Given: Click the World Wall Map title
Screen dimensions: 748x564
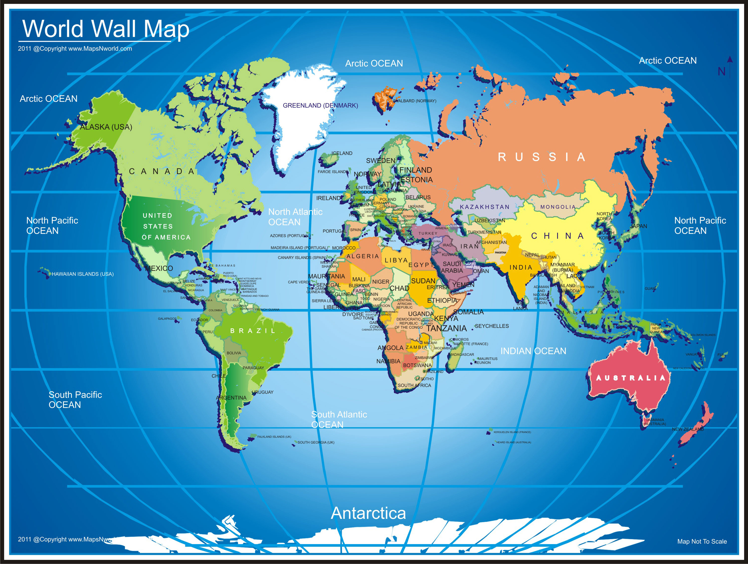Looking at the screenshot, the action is coord(105,29).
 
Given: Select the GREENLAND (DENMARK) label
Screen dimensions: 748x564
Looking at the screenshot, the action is coord(320,105).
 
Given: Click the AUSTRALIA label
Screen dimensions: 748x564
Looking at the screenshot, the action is coord(630,378).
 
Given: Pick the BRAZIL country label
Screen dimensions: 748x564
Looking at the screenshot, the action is coord(253,331).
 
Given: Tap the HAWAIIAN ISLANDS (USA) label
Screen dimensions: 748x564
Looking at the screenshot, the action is coord(83,274).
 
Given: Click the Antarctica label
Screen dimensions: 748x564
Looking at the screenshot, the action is coord(368,513).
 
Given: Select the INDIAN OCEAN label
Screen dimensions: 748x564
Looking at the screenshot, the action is coord(533,351).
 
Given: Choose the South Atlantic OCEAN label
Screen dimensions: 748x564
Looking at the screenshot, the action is coord(339,419).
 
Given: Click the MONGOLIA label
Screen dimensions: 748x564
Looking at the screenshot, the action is coord(558,207).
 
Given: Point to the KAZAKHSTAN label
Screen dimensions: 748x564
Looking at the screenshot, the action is coord(484,207).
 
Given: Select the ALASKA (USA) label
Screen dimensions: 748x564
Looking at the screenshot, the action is coord(106,127).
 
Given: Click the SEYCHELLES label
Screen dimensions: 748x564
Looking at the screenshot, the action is coord(491,326).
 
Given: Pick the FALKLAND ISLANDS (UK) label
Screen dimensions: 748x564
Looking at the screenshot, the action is coord(274,437).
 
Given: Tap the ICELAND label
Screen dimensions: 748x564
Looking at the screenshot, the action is coord(342,153).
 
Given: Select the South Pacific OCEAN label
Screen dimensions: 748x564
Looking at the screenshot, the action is coord(75,400).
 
